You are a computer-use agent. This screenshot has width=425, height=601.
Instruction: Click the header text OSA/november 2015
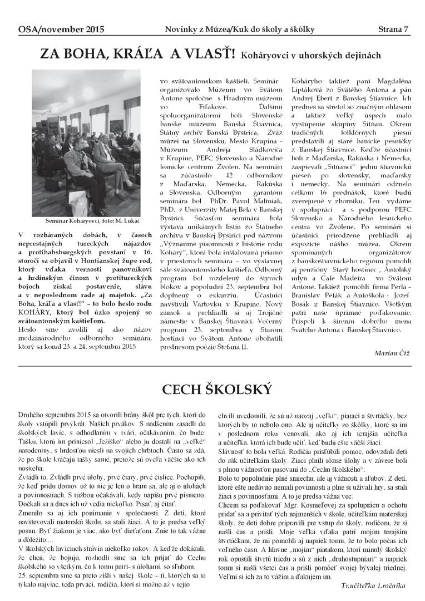pyautogui.click(x=53, y=29)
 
